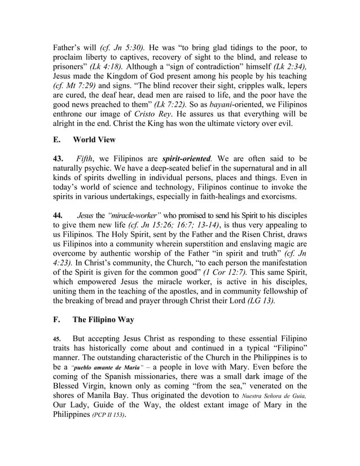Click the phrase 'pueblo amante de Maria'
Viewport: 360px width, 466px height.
click(x=93, y=367)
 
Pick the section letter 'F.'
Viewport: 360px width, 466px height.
click(x=56, y=319)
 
